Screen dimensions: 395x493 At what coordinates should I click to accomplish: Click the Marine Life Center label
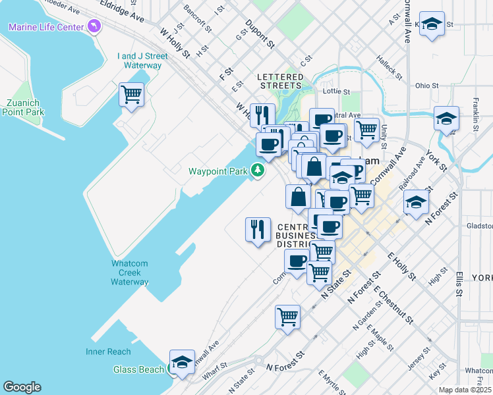tap(45, 27)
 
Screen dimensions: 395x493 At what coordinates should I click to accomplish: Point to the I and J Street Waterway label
tap(139, 61)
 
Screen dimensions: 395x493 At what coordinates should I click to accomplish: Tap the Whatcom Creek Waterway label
tap(130, 273)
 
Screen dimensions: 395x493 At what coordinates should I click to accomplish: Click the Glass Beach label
tap(138, 369)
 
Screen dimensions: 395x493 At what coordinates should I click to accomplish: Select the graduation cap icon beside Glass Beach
tap(182, 362)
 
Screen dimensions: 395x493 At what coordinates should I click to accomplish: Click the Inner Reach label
tap(108, 352)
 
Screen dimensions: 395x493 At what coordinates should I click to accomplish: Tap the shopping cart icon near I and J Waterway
tap(131, 95)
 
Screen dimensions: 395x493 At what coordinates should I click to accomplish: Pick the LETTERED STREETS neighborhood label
tap(280, 81)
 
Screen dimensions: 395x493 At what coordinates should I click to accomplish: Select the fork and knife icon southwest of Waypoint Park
tap(258, 229)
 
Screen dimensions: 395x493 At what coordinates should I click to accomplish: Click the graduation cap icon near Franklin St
tap(446, 119)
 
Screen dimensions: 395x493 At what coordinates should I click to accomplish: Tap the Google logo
tap(22, 387)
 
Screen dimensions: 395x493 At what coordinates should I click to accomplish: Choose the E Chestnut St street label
tap(392, 304)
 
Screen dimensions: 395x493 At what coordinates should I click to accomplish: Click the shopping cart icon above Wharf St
tap(287, 317)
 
